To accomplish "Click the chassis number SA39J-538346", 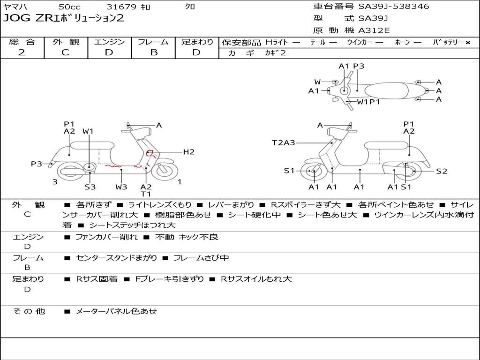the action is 394,7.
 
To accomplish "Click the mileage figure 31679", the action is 121,7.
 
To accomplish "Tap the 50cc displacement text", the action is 69,7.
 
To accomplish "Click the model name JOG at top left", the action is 15,19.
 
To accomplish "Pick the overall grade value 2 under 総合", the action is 22,52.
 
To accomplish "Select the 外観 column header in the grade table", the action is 66,42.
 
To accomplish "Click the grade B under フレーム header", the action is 153,52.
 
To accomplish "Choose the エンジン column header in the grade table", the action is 109,42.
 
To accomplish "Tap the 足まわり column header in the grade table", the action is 197,42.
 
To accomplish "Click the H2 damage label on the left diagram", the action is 188,152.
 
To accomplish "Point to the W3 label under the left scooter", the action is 121,187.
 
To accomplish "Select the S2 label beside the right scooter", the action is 442,171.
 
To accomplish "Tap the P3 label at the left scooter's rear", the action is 37,164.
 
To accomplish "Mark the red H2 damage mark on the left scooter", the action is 150,153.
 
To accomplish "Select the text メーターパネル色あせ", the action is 116,311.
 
